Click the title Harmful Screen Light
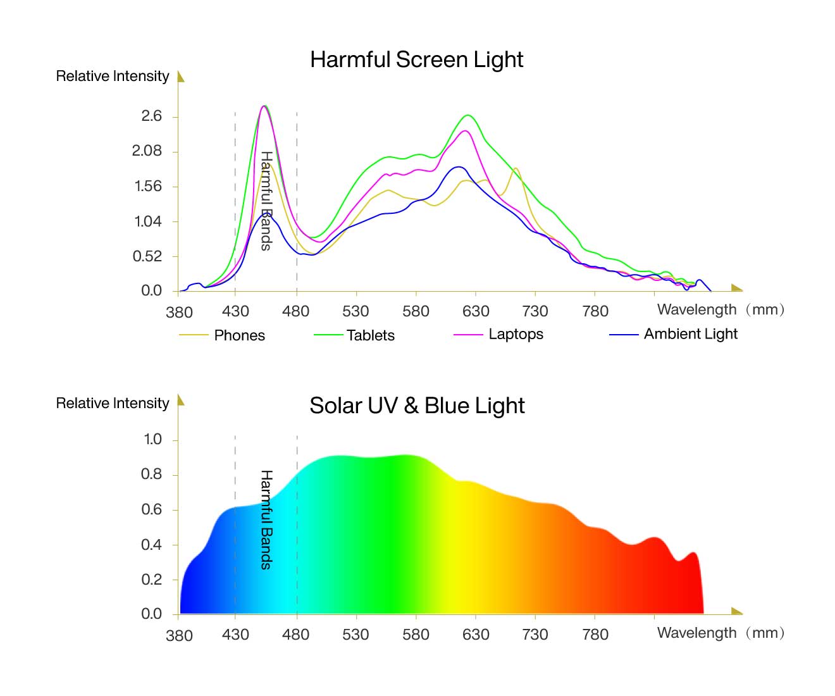(x=416, y=59)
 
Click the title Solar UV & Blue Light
(x=417, y=406)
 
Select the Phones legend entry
(x=239, y=335)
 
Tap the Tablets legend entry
(x=370, y=335)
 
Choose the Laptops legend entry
(x=516, y=334)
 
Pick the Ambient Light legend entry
(x=690, y=334)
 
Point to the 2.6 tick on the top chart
(x=152, y=116)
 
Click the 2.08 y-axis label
(x=147, y=151)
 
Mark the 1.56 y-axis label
(x=148, y=186)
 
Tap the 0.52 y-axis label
(x=147, y=256)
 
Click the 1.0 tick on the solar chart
(x=153, y=439)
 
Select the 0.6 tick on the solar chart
(x=152, y=509)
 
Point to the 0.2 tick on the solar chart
(x=152, y=579)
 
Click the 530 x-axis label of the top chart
(x=356, y=311)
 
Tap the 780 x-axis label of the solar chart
(x=595, y=635)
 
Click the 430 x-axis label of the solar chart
(x=235, y=635)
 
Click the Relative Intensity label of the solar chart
(x=113, y=403)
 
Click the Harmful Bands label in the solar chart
(x=266, y=519)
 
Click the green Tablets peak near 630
(x=468, y=116)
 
